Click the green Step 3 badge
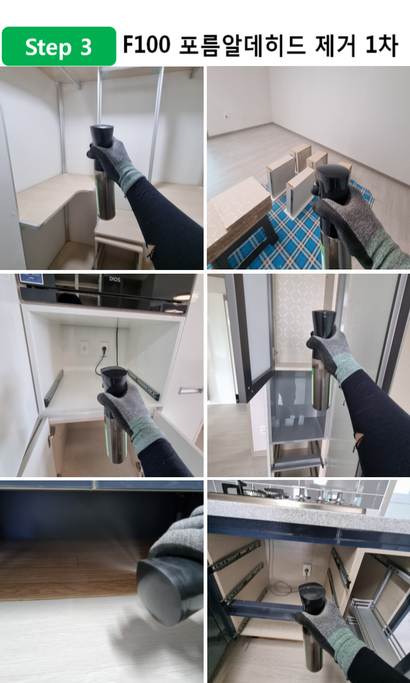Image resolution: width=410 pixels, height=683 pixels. [59, 46]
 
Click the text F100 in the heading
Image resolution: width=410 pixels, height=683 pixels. [146, 45]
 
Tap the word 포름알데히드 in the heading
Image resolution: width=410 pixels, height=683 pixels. [242, 46]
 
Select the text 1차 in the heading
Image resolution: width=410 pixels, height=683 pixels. [382, 46]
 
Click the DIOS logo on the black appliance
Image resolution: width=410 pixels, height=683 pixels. [115, 279]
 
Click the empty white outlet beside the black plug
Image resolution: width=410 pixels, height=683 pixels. [84, 348]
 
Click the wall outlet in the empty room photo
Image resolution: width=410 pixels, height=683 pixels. [226, 115]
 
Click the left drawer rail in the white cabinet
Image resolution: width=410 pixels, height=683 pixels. [54, 388]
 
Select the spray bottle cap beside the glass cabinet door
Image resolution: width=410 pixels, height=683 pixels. [323, 324]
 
